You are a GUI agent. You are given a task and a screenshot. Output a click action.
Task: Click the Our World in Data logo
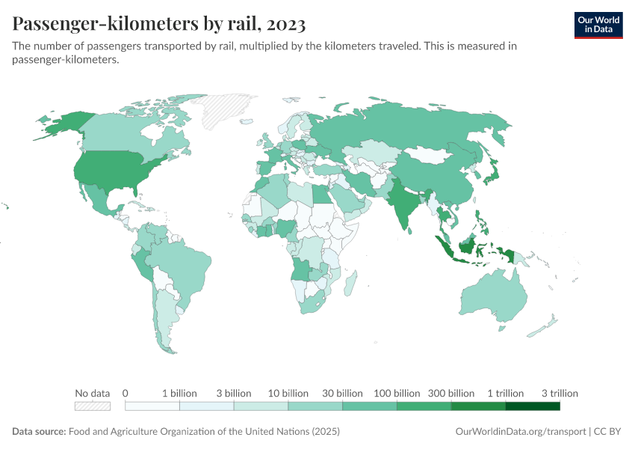coord(598,25)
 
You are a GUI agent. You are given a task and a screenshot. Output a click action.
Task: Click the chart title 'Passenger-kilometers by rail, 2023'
coord(159,25)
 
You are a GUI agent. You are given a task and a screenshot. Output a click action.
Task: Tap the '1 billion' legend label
coord(179,393)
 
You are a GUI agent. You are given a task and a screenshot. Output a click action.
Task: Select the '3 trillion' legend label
coord(559,393)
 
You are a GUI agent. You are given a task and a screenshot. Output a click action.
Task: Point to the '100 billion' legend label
coord(397,393)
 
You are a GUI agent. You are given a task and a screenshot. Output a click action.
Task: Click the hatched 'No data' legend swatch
coord(93,406)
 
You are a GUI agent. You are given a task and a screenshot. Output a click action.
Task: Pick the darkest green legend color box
coord(533,406)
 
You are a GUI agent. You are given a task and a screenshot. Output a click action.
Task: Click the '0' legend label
coord(126,393)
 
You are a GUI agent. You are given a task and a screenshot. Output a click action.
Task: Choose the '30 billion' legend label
coord(342,393)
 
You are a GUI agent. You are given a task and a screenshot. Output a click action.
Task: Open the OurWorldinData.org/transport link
coord(520,432)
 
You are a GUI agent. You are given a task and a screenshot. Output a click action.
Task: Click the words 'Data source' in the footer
coord(39,432)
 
